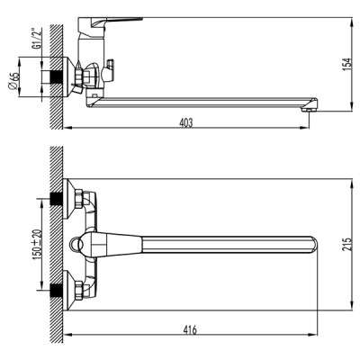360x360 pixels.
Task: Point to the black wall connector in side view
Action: tap(60, 76)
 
